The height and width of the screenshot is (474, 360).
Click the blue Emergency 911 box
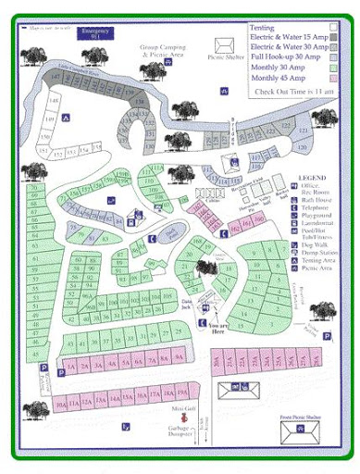(x=95, y=34)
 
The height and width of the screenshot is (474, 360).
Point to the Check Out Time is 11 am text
(x=294, y=92)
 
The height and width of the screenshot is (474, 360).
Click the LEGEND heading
(x=312, y=176)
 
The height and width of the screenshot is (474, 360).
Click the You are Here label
(x=218, y=326)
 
